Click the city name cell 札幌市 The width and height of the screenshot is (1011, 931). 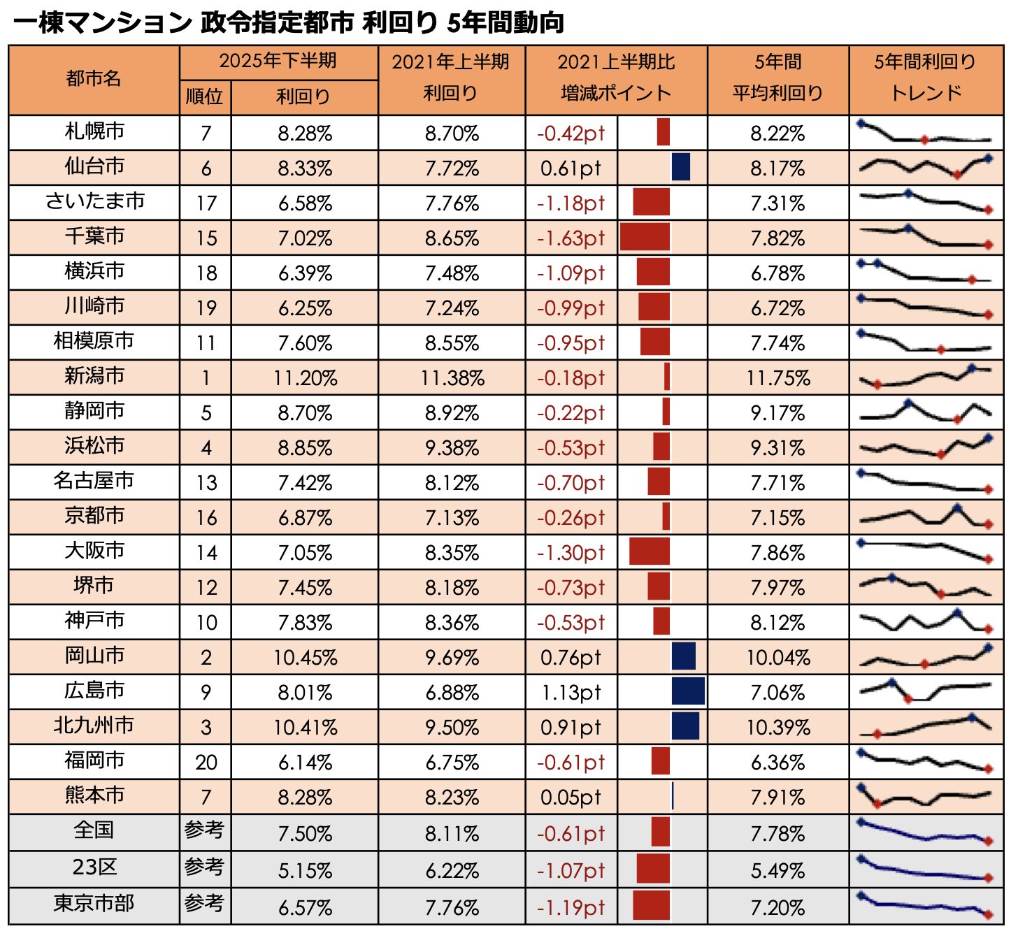click(94, 131)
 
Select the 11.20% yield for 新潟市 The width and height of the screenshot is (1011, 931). click(305, 378)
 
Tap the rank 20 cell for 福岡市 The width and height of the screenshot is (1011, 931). click(206, 763)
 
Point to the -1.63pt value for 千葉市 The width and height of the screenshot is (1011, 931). click(571, 238)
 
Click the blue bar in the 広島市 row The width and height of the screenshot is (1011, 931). click(688, 692)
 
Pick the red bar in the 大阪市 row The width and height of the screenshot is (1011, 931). click(650, 552)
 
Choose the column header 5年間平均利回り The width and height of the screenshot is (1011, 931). click(777, 78)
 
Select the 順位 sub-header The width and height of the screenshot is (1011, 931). click(205, 96)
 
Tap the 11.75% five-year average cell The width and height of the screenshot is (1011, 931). click(777, 378)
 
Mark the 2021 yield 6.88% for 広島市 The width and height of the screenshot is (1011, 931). click(452, 693)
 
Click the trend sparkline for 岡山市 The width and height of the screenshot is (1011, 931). click(926, 657)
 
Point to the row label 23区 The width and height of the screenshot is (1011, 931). click(94, 867)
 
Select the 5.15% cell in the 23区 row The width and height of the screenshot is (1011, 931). click(305, 871)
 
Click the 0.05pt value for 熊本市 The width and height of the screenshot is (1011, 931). click(571, 798)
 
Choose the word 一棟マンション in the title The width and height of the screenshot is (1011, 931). click(102, 22)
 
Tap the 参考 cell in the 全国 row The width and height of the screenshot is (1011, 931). click(204, 830)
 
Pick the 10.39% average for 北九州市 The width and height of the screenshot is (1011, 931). click(777, 728)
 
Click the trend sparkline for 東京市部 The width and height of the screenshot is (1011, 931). click(926, 905)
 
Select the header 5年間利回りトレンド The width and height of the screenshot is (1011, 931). click(926, 78)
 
